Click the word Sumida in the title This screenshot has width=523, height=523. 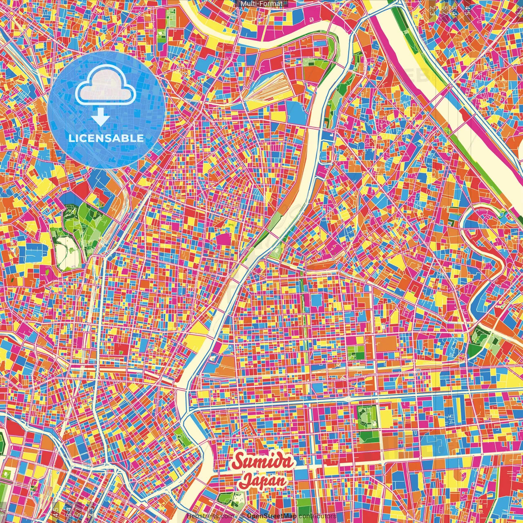262,462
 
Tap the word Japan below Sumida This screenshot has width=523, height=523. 263,481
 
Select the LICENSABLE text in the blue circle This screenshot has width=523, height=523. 106,138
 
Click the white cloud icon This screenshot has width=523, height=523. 105,87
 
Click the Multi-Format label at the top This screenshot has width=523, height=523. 261,4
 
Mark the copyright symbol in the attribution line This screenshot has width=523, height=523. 242,516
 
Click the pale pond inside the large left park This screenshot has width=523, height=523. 65,251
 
